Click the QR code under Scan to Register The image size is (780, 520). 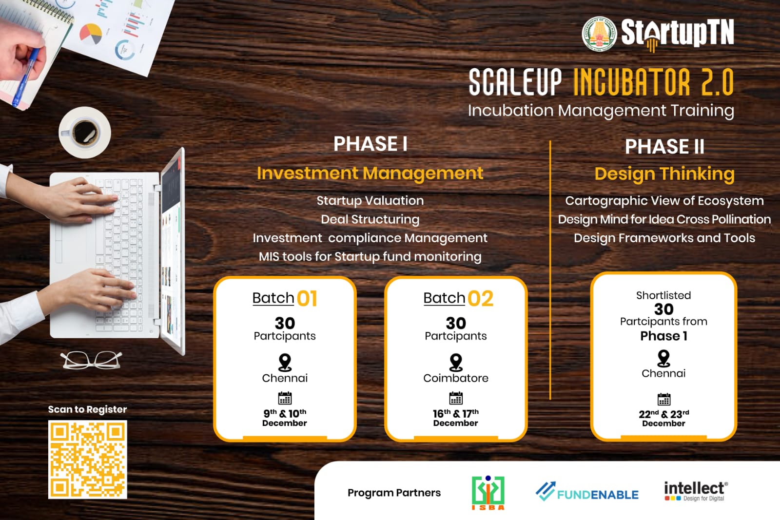(87, 460)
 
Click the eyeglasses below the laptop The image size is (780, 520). (91, 360)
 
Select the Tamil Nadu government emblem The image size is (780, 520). (599, 34)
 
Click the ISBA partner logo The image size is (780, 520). (488, 493)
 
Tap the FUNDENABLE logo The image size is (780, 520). (587, 491)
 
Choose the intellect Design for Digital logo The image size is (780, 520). (696, 491)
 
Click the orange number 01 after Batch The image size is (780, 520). (307, 299)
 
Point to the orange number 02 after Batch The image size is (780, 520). (481, 299)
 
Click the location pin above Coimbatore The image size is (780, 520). (456, 362)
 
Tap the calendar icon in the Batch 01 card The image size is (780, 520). (285, 398)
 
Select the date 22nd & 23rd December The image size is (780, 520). (663, 418)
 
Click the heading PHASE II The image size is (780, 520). (664, 146)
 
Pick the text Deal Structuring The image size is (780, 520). (370, 220)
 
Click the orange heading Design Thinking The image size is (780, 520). (664, 174)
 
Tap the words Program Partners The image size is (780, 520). (394, 493)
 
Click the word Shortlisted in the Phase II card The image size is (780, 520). (663, 295)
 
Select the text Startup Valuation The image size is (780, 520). (370, 201)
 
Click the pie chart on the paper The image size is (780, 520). (91, 34)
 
